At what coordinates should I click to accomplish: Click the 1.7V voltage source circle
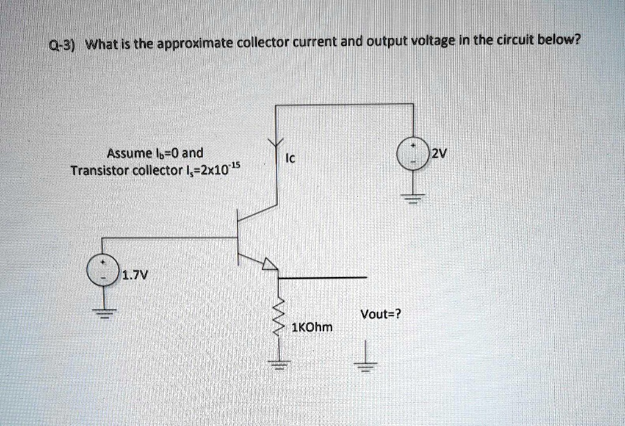point(103,270)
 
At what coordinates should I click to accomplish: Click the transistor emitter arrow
point(269,264)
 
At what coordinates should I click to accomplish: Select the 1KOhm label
point(313,327)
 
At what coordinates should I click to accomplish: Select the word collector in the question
point(261,43)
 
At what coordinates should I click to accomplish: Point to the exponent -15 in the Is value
point(236,167)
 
